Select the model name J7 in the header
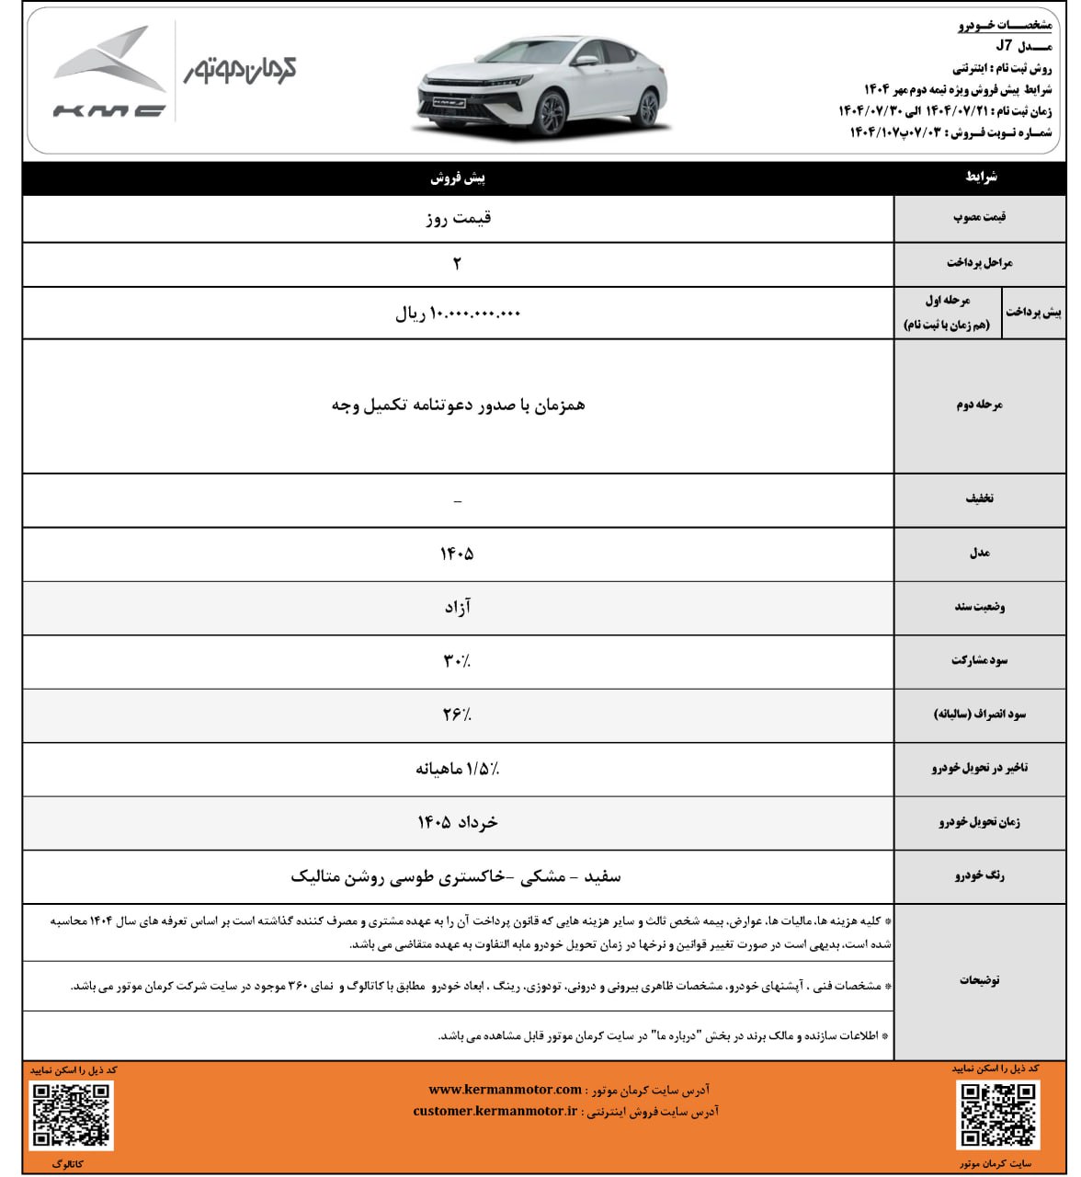1004,46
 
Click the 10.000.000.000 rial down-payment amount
458,314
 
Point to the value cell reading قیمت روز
458,218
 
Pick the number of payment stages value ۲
457,264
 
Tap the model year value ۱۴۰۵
457,554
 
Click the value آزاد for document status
457,607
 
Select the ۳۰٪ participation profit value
457,660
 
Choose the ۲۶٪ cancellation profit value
457,714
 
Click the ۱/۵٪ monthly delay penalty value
457,768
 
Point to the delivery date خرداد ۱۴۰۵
457,822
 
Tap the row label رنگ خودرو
979,876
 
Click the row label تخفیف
979,499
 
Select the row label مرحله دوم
979,405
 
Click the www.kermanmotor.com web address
505,1090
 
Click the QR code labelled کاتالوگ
72,1115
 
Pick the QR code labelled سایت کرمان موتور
997,1114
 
